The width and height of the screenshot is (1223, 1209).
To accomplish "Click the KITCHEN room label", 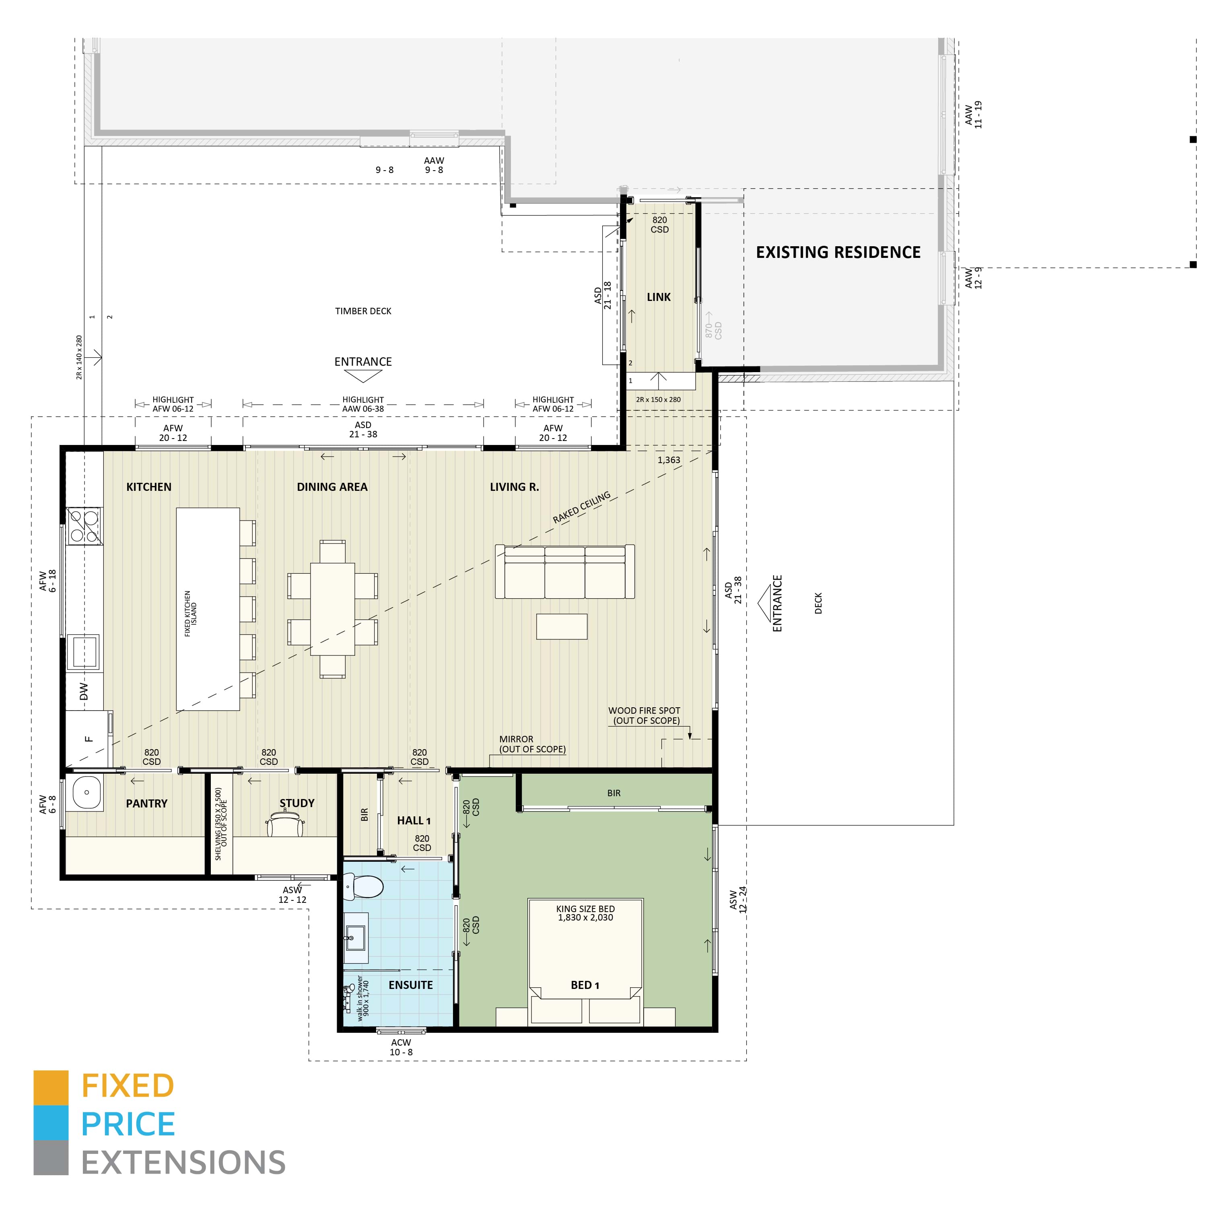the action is pyautogui.click(x=149, y=487).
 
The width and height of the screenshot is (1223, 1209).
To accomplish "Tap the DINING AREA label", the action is pyautogui.click(x=332, y=487).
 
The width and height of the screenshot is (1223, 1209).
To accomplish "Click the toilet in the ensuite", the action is pyautogui.click(x=363, y=887).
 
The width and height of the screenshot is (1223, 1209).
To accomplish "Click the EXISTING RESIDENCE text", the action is pyautogui.click(x=838, y=253).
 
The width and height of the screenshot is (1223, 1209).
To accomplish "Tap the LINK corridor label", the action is pyautogui.click(x=658, y=297).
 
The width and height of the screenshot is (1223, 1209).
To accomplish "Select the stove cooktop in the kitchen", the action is pyautogui.click(x=84, y=526).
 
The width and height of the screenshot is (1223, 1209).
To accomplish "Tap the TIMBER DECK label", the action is pyautogui.click(x=363, y=311).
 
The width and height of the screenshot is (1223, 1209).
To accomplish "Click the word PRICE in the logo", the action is pyautogui.click(x=128, y=1124).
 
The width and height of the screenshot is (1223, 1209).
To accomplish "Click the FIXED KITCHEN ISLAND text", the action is pyautogui.click(x=191, y=614).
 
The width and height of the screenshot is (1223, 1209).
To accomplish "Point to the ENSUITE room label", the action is pyautogui.click(x=410, y=985).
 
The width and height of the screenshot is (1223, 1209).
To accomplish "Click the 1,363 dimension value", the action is pyautogui.click(x=669, y=460).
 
